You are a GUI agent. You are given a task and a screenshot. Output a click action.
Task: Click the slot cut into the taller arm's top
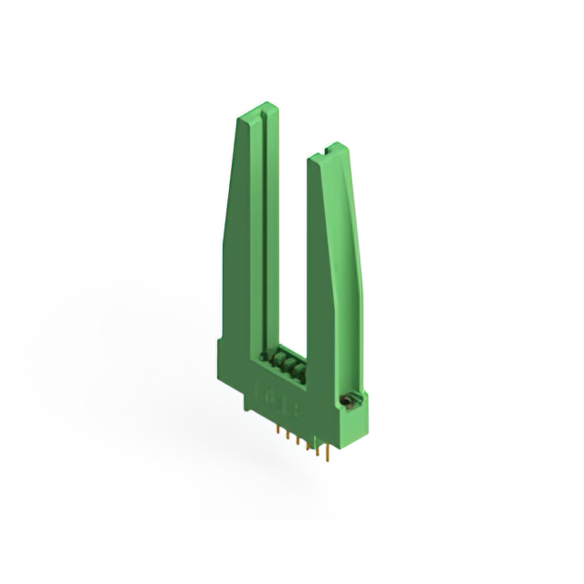pyautogui.click(x=257, y=113)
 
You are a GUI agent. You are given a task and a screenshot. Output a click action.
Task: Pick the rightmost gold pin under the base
pyautogui.click(x=328, y=451)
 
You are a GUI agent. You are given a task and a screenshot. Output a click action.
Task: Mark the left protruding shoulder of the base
pyautogui.click(x=223, y=352)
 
